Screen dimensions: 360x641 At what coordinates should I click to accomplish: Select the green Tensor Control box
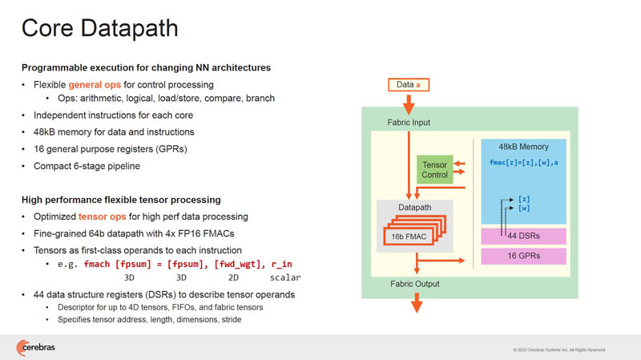click(434, 170)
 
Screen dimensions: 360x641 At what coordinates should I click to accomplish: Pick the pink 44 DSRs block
click(523, 236)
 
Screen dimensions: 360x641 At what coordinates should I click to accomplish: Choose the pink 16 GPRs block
click(523, 257)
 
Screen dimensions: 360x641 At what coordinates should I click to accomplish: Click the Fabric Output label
click(414, 284)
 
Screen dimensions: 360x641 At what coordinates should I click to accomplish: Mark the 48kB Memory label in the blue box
click(523, 148)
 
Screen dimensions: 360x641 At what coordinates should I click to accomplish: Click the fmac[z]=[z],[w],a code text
click(523, 163)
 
